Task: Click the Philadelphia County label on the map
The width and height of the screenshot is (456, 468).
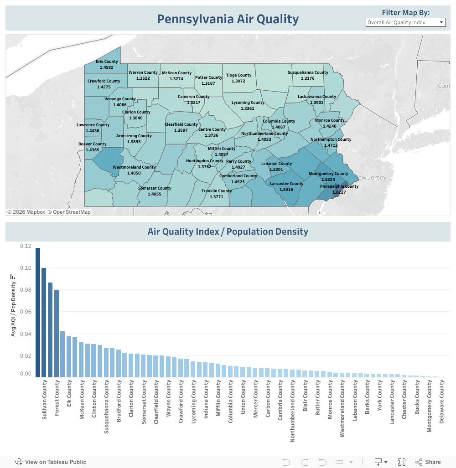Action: [339, 186]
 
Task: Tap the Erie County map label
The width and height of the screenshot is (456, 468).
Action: [106, 62]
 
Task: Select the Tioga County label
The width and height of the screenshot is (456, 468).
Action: [238, 75]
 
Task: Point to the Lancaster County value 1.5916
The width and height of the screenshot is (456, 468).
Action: [286, 189]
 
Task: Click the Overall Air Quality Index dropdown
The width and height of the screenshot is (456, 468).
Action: [405, 22]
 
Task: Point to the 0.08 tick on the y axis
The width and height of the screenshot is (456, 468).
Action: [26, 290]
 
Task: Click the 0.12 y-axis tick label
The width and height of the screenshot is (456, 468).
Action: [26, 246]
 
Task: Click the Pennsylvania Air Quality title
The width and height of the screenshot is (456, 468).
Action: [228, 19]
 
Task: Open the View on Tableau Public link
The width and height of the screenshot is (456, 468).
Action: [51, 462]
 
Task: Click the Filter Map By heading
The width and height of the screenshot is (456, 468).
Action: [405, 12]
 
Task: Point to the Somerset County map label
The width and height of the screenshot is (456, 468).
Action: [155, 188]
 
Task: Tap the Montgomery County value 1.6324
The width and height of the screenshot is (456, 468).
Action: [328, 180]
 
